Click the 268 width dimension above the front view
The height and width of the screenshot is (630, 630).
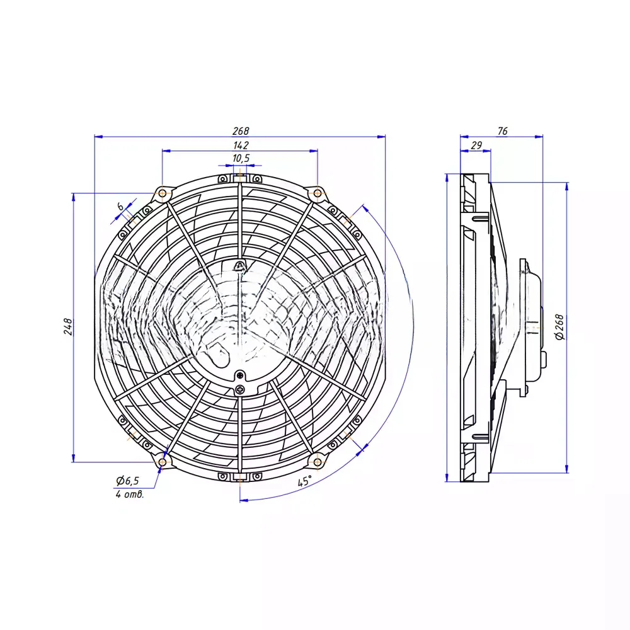[x=241, y=131]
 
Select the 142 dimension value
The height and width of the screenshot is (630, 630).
[x=241, y=145]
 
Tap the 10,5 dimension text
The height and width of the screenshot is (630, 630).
[x=241, y=158]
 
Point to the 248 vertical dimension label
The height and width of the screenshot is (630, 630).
[x=68, y=326]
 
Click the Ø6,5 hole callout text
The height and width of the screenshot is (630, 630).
[x=127, y=480]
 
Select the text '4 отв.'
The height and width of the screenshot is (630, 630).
[x=129, y=494]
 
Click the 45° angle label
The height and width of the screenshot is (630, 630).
[x=304, y=481]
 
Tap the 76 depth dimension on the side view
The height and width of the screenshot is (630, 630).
[x=502, y=131]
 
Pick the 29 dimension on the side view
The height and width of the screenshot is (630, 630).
[x=476, y=145]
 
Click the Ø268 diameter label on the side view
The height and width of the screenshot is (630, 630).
[x=559, y=327]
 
